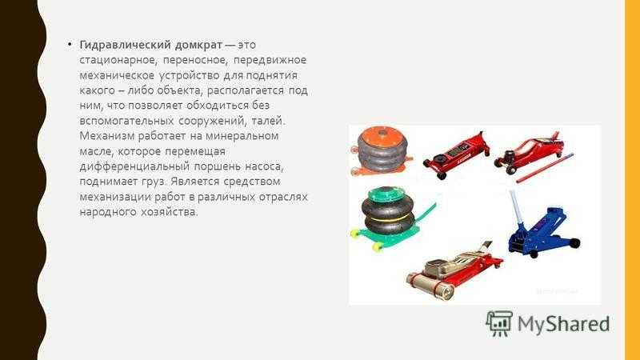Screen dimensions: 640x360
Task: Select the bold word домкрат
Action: (x=198, y=45)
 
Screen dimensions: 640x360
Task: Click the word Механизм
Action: (x=107, y=135)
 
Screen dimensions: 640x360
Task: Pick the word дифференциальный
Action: (x=134, y=166)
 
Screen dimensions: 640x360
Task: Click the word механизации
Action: (x=115, y=197)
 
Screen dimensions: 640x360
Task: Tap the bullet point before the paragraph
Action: (x=70, y=44)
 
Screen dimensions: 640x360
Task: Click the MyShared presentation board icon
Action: (x=499, y=323)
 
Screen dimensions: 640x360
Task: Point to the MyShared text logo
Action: (x=563, y=324)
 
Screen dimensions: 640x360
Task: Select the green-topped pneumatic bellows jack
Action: (x=386, y=218)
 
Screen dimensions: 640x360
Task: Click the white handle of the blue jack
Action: (x=515, y=207)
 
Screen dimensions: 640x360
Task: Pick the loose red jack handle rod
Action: (x=545, y=168)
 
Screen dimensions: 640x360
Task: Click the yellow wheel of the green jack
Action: (x=378, y=246)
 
